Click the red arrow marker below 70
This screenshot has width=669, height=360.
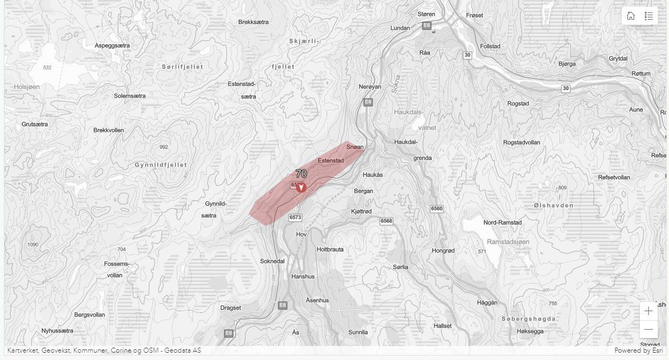[x=301, y=187]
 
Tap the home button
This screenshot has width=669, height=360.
[x=631, y=16]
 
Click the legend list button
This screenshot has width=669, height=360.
[x=649, y=16]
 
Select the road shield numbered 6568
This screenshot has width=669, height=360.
[x=386, y=221]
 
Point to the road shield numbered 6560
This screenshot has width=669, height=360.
[x=436, y=208]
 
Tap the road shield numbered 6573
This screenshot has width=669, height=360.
[x=295, y=217]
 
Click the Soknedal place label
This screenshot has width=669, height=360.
[x=272, y=261]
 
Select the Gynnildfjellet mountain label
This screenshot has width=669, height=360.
[x=160, y=165]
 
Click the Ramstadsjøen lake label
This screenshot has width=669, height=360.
[x=508, y=241]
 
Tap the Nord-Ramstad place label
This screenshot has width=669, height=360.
[x=503, y=222]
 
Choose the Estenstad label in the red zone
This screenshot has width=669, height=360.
[x=331, y=161]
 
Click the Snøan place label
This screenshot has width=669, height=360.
[x=355, y=147]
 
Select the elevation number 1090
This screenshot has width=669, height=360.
[x=33, y=244]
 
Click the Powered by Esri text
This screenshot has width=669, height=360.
[x=638, y=350]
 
